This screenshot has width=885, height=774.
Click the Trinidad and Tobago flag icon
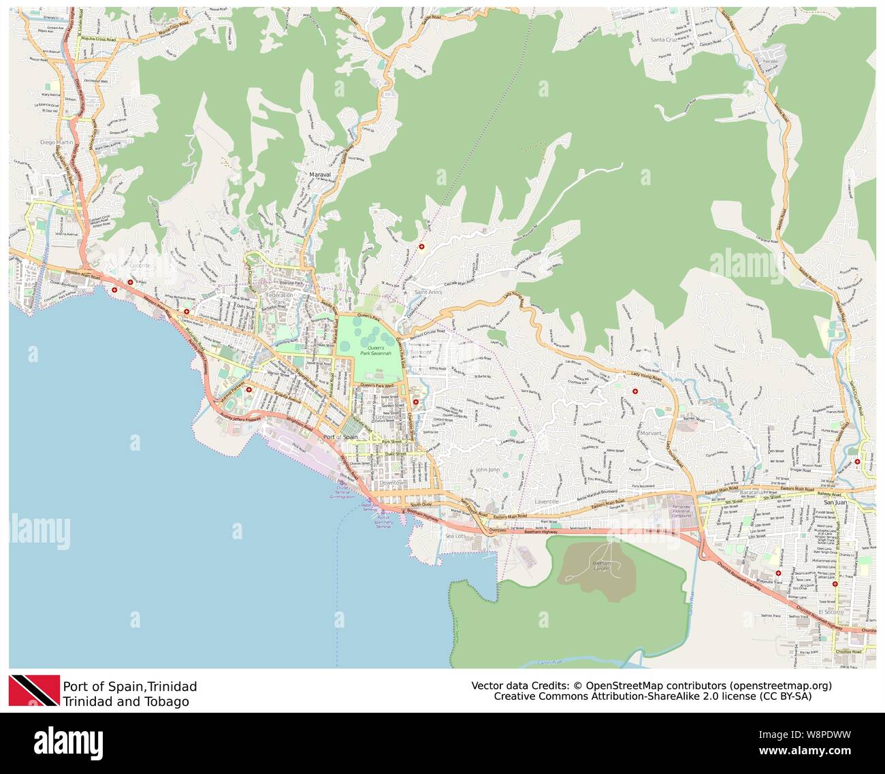[x=33, y=691]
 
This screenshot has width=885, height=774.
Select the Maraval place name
[x=319, y=175]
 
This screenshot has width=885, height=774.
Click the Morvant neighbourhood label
[x=651, y=433]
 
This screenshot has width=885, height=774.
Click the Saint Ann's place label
[x=430, y=292]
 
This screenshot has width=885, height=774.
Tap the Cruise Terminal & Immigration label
[x=342, y=494]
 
